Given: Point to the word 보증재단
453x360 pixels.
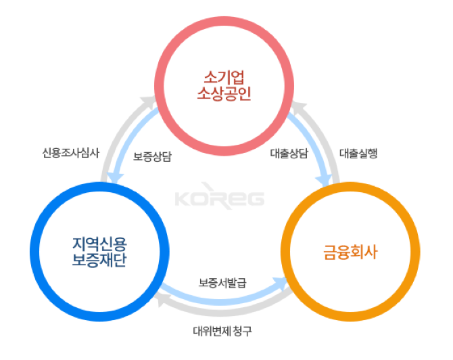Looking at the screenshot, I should pos(98,261).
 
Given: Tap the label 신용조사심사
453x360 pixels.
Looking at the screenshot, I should pos(70,152).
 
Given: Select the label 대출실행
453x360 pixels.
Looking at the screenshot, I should pos(358,152).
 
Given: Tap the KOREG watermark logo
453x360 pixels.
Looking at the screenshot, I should pos(220,199).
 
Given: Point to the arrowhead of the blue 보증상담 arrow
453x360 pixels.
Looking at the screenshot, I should pos(116,177).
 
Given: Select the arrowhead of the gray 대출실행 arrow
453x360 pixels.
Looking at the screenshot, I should pos(298,105).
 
